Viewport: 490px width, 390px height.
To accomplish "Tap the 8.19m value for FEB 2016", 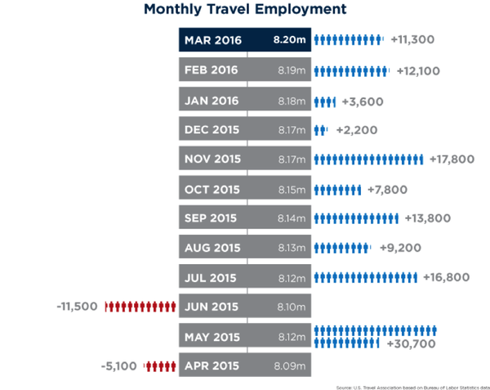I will [x=292, y=70].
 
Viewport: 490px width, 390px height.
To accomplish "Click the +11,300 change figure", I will [x=412, y=39].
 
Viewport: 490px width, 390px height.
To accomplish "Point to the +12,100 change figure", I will [x=418, y=70].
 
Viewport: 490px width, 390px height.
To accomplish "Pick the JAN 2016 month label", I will [x=212, y=101].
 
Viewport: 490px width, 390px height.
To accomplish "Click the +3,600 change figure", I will [x=362, y=101].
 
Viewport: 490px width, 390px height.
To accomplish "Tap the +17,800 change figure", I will [x=452, y=159].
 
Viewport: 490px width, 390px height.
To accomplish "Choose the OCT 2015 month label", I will [x=212, y=190].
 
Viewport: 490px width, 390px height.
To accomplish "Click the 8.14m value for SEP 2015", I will [x=292, y=219].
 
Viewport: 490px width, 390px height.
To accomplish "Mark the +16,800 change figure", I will [x=447, y=277].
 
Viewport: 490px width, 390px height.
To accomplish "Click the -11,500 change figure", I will [x=78, y=307].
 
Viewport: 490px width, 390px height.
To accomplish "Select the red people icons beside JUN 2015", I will [x=140, y=307].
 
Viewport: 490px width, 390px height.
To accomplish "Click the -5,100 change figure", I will [x=121, y=366].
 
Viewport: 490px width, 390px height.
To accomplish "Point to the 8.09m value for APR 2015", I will [x=292, y=366].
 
